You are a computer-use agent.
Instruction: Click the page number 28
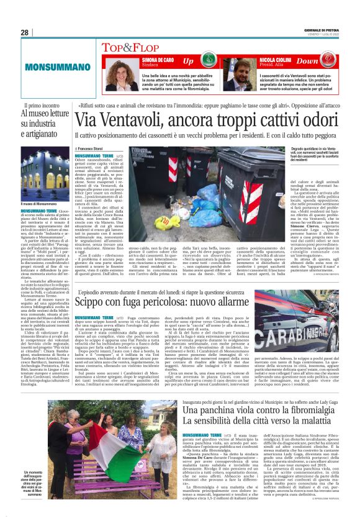(x=25, y=32)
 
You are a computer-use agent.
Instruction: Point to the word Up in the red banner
(x=188, y=61)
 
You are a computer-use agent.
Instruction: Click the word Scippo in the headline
(x=94, y=301)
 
